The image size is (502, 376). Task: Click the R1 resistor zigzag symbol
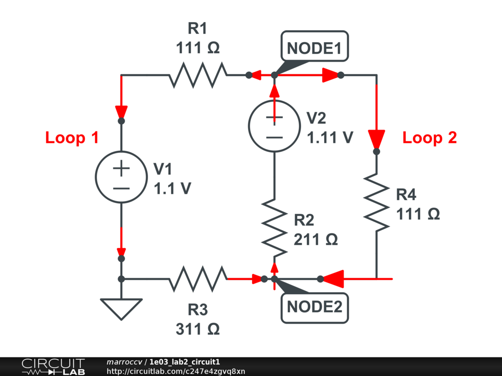point(198,75)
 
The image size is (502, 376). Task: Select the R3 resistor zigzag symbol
point(198,279)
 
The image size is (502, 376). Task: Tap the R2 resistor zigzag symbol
point(275,228)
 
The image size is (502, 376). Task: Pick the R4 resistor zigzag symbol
point(376,202)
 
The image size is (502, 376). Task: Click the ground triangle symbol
point(122,309)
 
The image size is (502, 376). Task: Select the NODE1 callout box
point(315,47)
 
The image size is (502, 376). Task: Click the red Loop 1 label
point(72,138)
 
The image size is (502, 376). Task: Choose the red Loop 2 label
point(429,138)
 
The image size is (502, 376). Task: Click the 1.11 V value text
point(330,138)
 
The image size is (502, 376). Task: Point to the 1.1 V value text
point(173,188)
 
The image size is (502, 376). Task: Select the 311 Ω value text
point(198,329)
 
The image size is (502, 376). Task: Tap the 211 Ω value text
point(316,239)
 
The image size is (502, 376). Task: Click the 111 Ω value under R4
point(418,214)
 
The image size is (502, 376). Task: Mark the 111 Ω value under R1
point(198,47)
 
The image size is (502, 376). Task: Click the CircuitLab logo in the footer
point(53,367)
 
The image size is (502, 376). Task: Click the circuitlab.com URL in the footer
point(176,371)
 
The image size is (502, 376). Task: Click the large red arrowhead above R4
point(376,140)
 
